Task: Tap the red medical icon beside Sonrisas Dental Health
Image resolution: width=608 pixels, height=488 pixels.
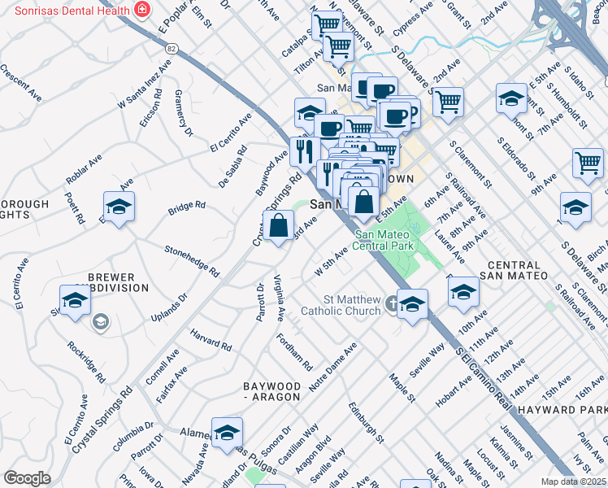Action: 143,10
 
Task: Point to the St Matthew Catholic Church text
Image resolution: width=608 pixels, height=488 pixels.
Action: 341,305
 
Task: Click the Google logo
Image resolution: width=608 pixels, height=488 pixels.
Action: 27,478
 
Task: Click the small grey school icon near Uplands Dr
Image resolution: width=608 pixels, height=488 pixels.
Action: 99,323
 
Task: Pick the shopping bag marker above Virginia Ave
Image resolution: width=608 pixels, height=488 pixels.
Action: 278,226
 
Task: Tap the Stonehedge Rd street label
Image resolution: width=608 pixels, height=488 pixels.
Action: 192,259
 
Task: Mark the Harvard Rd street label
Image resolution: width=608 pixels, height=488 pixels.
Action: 211,341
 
